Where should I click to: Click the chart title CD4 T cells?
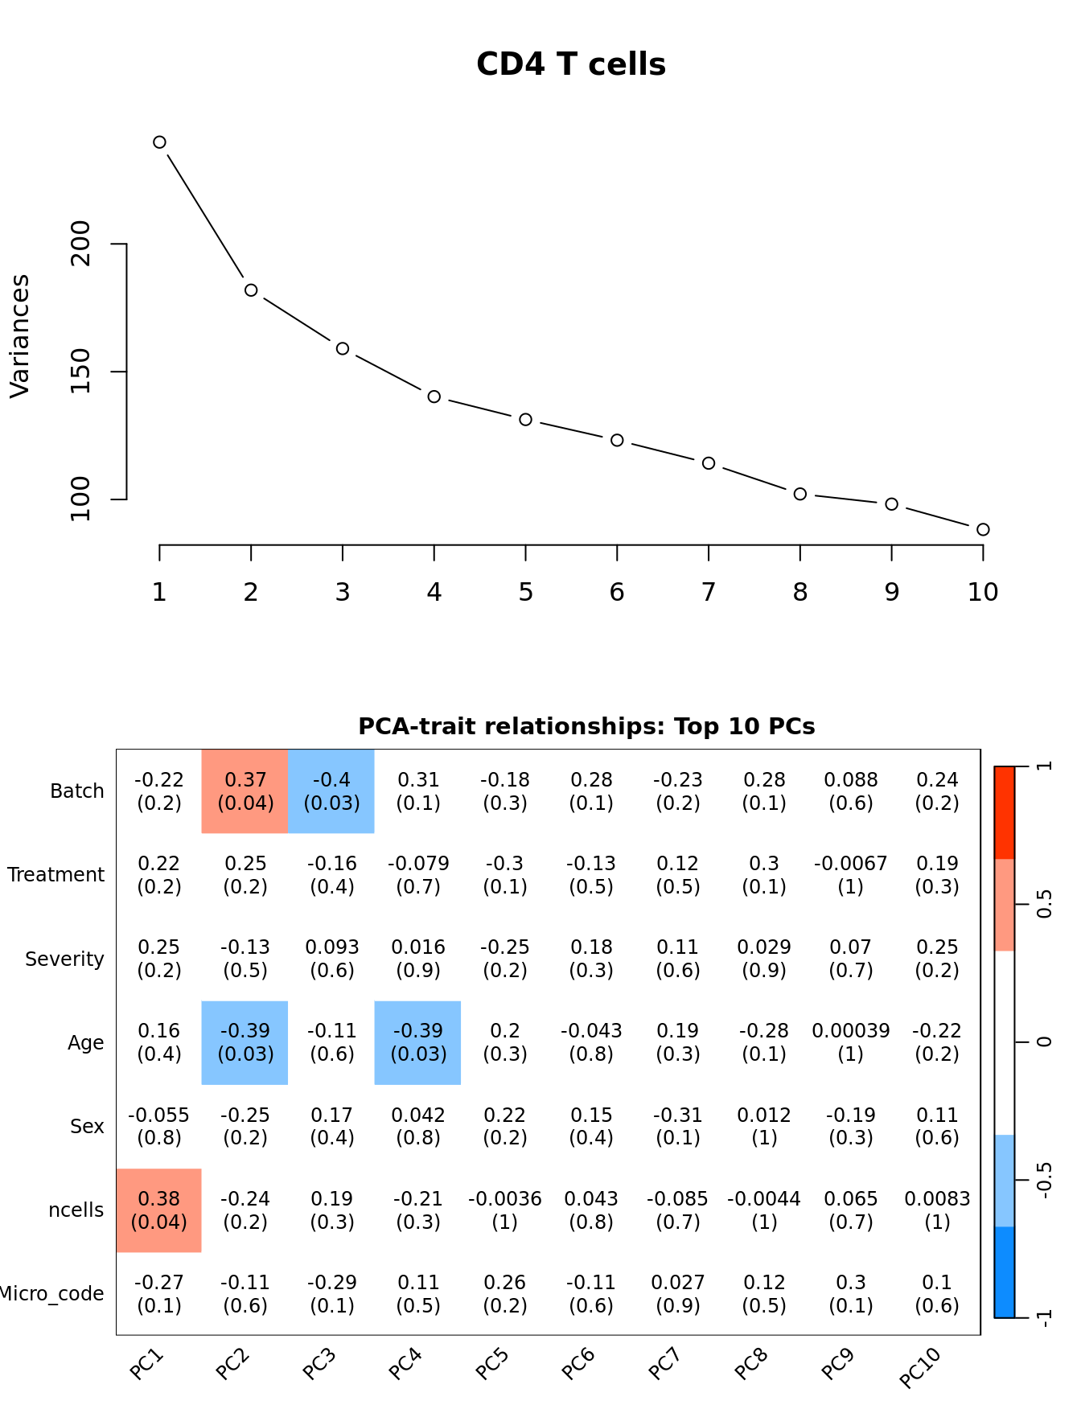571,64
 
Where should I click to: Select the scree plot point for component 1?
159,142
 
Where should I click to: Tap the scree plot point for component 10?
983,529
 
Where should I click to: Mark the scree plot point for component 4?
434,396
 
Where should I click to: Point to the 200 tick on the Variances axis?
80,244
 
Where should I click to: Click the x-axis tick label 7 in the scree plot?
709,593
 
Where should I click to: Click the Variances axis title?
19,336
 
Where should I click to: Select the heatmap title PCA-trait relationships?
586,727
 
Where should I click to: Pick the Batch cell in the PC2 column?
245,791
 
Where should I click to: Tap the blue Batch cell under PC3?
331,791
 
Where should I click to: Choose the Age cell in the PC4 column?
418,1042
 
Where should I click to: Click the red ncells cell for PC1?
159,1210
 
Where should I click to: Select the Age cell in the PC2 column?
245,1042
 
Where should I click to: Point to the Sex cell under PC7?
677,1126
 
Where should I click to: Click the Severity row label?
64,959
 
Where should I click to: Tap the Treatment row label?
55,875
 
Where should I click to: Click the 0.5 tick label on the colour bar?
1044,905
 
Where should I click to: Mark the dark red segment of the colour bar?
1005,812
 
